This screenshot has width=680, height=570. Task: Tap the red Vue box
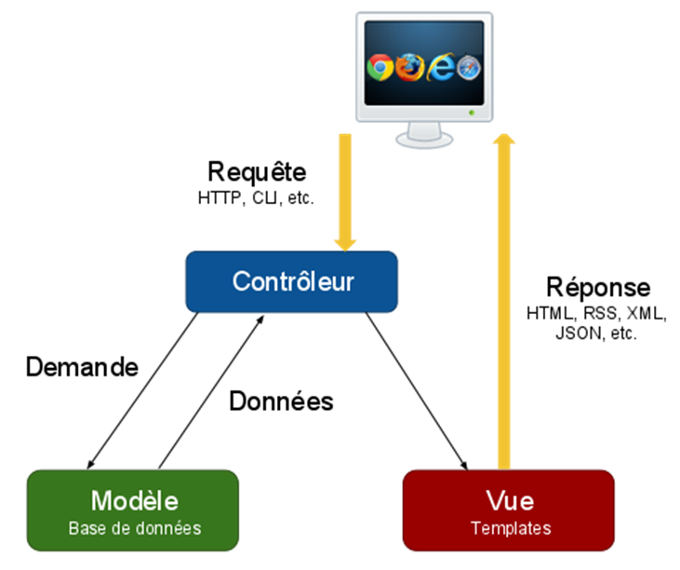coord(509,509)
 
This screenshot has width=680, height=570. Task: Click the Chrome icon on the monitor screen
coord(380,66)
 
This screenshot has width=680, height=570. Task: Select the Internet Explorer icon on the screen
coord(440,66)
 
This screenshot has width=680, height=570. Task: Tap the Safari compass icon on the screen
coord(470,67)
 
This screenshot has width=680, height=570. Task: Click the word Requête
coord(257,172)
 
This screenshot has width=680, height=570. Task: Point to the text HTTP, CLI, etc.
coord(257,197)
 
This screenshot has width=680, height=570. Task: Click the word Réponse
coord(598,287)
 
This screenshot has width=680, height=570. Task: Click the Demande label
coord(82,367)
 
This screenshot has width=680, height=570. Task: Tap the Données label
coord(281,401)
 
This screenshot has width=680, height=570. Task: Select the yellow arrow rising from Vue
coord(505,298)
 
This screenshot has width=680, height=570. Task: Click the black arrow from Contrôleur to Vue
coord(416,388)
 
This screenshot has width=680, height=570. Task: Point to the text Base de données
coord(134,528)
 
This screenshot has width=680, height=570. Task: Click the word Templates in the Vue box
coord(510,528)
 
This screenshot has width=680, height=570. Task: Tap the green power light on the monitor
coord(472,113)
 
